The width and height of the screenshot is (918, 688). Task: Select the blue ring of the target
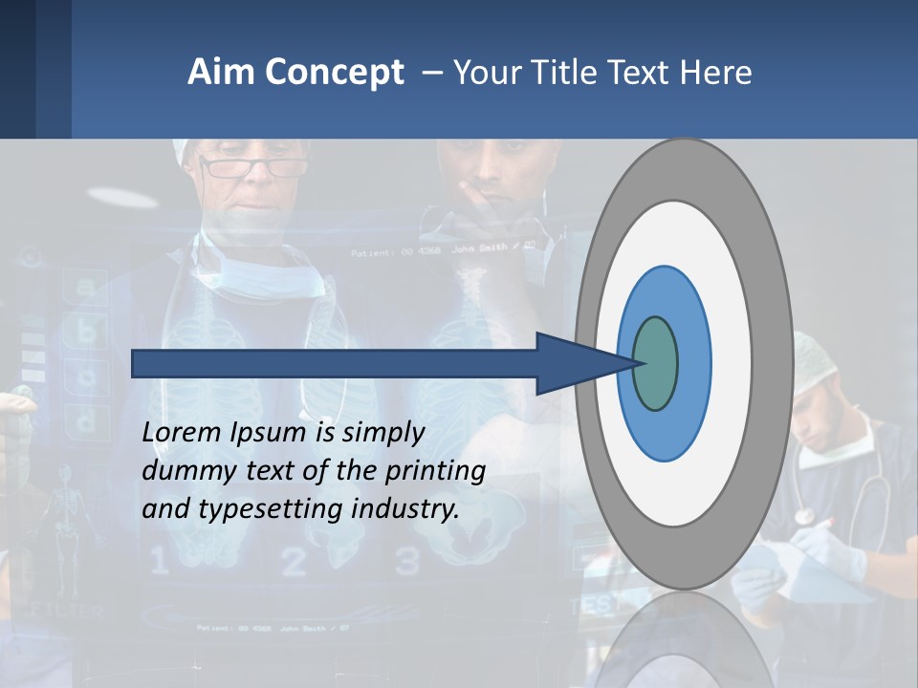[693, 364]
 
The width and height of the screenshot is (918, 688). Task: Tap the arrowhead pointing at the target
[574, 364]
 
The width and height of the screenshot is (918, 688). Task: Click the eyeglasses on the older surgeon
[254, 168]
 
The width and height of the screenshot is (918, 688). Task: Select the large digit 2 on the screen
[294, 563]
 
